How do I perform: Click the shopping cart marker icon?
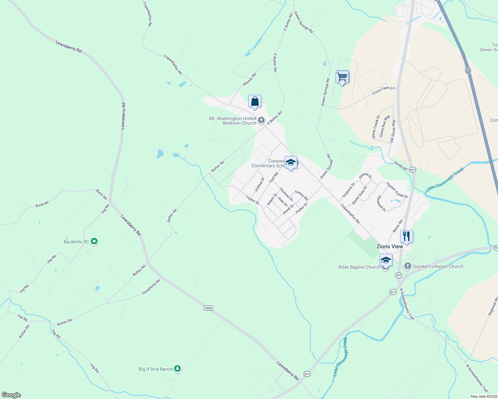[342, 77]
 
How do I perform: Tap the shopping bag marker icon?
[255, 101]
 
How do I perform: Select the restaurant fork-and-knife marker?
[406, 236]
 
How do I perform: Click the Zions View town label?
[389, 246]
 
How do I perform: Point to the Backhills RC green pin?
[94, 241]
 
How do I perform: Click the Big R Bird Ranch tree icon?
[177, 368]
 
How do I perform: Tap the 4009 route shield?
[208, 308]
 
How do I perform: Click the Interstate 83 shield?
[468, 70]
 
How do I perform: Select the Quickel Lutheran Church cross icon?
[408, 266]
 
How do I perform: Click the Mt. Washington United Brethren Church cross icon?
[261, 120]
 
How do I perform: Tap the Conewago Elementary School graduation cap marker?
[291, 162]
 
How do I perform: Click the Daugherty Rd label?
[151, 287]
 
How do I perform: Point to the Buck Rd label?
[42, 204]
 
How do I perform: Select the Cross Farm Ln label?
[383, 90]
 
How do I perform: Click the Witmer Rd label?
[249, 79]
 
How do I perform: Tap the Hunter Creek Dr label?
[397, 190]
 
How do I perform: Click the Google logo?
[11, 395]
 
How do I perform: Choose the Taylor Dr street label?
[252, 200]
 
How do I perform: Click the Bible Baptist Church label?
[359, 267]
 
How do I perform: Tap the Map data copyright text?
[484, 396]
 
